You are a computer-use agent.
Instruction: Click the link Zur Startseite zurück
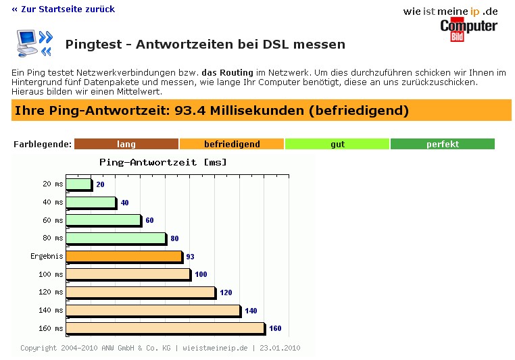click(x=64, y=9)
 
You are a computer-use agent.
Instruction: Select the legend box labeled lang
click(x=126, y=144)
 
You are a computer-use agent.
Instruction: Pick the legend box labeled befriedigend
click(x=232, y=144)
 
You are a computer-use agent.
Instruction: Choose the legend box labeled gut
click(x=337, y=144)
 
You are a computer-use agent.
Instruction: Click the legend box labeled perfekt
click(x=442, y=144)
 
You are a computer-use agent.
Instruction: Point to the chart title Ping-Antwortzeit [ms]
click(x=163, y=162)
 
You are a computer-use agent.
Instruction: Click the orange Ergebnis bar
click(x=124, y=257)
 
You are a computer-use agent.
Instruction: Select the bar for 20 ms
click(x=78, y=184)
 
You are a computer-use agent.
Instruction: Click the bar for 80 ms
click(x=116, y=238)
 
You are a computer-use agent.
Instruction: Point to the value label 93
click(x=191, y=257)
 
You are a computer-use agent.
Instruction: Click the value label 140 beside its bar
click(x=251, y=311)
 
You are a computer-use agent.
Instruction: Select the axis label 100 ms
click(x=51, y=274)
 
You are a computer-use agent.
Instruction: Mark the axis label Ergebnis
click(x=47, y=257)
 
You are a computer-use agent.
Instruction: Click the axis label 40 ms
click(x=53, y=202)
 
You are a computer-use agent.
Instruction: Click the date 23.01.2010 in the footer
click(x=280, y=349)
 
